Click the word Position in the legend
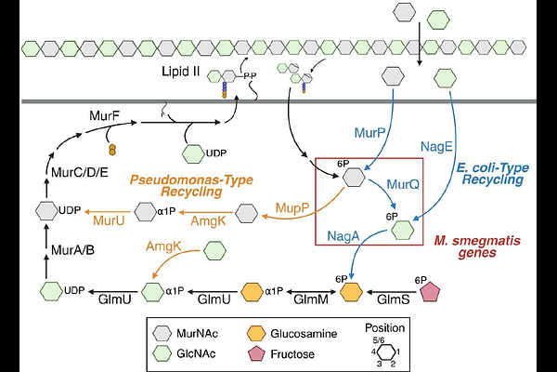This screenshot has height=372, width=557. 383,327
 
